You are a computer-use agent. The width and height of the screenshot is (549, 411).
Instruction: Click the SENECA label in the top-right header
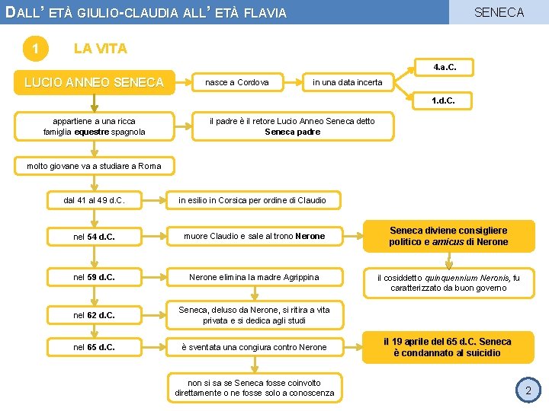(499, 12)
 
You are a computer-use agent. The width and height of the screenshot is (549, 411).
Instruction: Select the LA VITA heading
(100, 49)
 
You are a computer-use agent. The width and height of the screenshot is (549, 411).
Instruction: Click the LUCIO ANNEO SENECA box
(94, 81)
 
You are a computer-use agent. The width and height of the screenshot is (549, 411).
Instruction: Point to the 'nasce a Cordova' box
(236, 81)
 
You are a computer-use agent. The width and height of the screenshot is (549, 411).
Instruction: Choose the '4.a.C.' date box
(445, 68)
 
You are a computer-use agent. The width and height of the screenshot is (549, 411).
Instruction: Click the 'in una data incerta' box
(347, 81)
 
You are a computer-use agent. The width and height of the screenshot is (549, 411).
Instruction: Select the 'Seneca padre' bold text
(292, 132)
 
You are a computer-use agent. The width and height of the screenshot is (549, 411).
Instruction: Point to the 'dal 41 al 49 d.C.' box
(94, 200)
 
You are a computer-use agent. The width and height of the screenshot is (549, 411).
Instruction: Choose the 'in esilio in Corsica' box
(252, 200)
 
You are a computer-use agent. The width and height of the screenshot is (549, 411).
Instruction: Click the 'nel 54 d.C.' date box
(94, 236)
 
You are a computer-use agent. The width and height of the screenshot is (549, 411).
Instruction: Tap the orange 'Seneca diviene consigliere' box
(448, 236)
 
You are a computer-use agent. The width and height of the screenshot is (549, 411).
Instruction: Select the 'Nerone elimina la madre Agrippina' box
(254, 277)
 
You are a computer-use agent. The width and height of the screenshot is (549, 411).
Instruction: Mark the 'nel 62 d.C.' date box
(94, 315)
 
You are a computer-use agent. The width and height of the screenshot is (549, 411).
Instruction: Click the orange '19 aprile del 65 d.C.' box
(448, 347)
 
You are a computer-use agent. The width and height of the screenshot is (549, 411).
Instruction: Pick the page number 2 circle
(528, 390)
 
